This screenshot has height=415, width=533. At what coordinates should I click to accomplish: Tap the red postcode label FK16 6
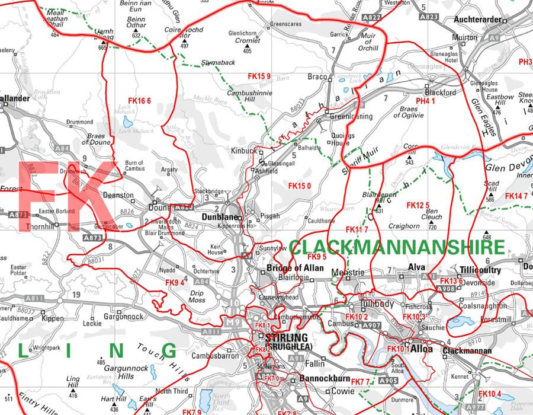tap(140, 100)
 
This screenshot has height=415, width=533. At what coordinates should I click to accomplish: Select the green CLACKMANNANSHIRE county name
tap(397, 248)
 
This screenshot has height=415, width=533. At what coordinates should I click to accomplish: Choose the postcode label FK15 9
tap(259, 76)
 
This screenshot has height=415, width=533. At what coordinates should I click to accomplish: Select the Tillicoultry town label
tap(480, 270)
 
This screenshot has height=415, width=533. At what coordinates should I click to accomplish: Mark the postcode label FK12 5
tap(418, 205)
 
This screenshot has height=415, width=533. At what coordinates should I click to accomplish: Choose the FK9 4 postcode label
tap(175, 283)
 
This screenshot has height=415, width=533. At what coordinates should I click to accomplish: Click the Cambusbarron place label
tap(214, 356)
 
